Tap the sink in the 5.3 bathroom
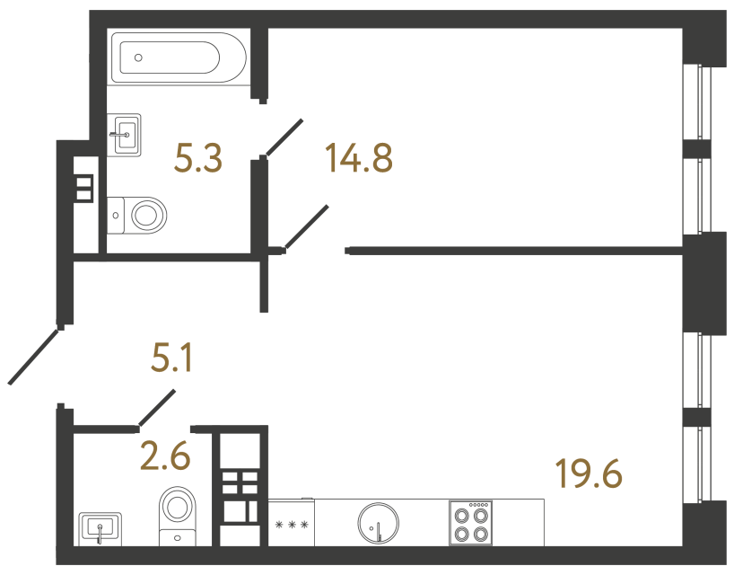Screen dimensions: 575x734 (126, 135)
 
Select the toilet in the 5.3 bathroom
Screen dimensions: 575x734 (141, 215)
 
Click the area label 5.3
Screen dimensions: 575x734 (198, 160)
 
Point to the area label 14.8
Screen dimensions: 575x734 (359, 160)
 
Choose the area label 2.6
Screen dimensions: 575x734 (166, 457)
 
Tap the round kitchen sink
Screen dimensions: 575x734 (377, 522)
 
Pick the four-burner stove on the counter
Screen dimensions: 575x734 (471, 522)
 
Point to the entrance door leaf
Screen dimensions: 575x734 (34, 357)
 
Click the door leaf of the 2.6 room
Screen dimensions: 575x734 (157, 407)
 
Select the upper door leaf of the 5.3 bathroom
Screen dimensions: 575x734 (284, 137)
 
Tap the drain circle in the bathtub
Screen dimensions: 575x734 (138, 57)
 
